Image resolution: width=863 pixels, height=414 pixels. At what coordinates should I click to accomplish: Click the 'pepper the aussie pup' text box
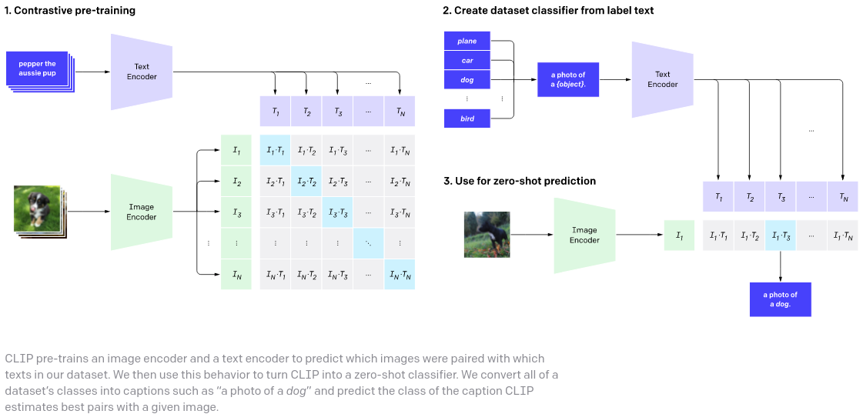pos(38,68)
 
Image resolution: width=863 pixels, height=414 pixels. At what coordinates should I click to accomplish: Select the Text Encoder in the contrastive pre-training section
pos(142,72)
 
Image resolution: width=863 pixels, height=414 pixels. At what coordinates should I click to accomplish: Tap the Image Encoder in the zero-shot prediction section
pos(584,235)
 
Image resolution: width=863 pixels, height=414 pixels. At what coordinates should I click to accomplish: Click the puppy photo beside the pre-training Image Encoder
pos(37,207)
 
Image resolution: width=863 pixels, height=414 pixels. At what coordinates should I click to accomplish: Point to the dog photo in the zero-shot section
pos(487,234)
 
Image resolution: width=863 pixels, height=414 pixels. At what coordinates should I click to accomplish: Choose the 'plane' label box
pos(467,41)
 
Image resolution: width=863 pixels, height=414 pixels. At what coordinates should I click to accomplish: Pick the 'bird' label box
pos(467,119)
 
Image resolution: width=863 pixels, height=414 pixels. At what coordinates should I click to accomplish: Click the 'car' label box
pos(467,60)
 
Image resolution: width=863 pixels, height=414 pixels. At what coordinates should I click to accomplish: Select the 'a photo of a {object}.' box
pos(568,79)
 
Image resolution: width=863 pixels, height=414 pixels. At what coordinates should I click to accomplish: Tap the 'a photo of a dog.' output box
pos(781,299)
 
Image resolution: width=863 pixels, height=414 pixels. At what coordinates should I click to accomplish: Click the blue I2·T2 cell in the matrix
pos(306,182)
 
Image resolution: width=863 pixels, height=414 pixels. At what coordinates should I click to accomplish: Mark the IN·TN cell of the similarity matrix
pos(399,275)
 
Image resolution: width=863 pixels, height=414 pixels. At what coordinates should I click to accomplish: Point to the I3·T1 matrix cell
pos(275,212)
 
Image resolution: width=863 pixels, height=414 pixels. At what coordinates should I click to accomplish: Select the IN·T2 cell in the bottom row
pos(306,275)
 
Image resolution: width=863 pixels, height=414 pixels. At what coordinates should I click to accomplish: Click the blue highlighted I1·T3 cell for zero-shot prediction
pos(781,235)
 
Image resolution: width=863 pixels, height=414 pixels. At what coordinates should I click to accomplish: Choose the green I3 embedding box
pos(236,212)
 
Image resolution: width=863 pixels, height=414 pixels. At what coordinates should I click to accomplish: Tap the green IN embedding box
pos(236,275)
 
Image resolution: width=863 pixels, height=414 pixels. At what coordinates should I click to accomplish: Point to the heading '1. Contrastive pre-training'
pos(69,11)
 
